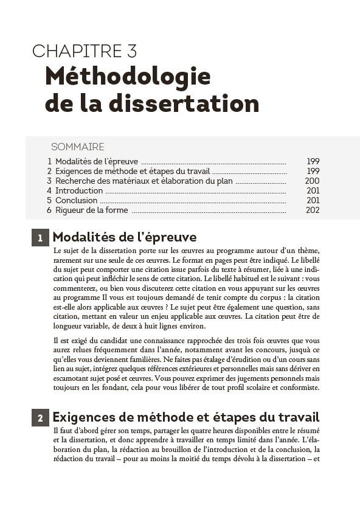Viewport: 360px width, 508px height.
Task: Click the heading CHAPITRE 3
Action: pyautogui.click(x=85, y=51)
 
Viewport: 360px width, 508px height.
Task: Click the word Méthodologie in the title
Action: pyautogui.click(x=128, y=77)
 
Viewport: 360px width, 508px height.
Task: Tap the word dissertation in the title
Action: pyautogui.click(x=185, y=103)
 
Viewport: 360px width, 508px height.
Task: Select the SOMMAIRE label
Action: pyautogui.click(x=77, y=147)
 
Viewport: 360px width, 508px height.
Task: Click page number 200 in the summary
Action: pyautogui.click(x=312, y=181)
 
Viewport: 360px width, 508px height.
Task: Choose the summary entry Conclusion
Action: pyautogui.click(x=76, y=200)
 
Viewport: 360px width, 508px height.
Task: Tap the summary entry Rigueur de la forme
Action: pyautogui.click(x=91, y=210)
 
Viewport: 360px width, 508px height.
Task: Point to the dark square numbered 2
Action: pyautogui.click(x=40, y=418)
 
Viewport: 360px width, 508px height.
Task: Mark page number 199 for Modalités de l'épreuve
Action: pyautogui.click(x=313, y=161)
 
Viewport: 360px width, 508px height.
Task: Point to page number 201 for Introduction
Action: pyautogui.click(x=313, y=190)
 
